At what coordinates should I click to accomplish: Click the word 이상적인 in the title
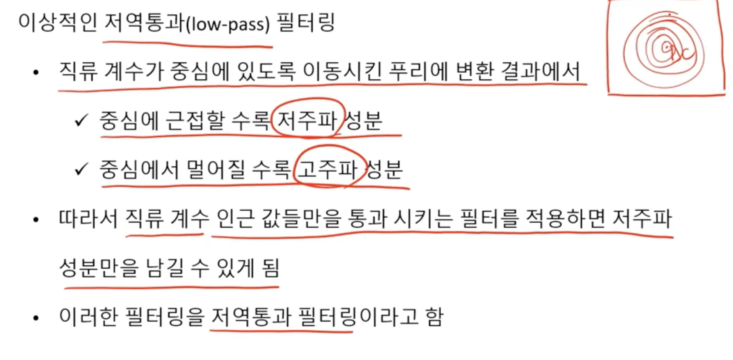tap(58, 23)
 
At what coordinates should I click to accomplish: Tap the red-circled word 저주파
tap(307, 121)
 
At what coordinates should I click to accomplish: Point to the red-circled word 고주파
tap(327, 169)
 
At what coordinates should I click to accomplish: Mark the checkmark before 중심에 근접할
tap(81, 121)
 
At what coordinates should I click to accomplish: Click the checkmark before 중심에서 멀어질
tap(81, 170)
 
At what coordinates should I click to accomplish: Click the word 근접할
tap(195, 121)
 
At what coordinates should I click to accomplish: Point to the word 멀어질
tap(216, 169)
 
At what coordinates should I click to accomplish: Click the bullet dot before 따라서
tap(36, 220)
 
